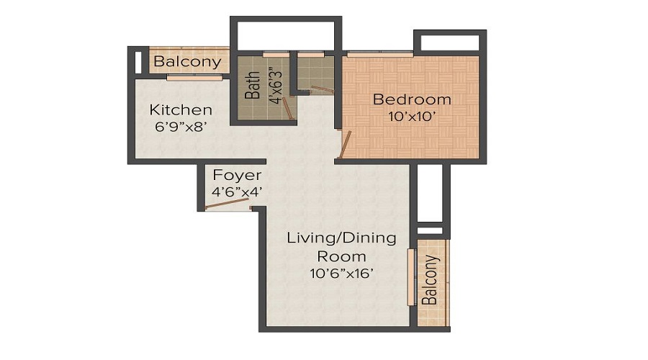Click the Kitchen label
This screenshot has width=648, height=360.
(x=181, y=110)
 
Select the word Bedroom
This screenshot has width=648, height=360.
(x=412, y=99)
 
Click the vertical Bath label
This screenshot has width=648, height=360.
(x=252, y=86)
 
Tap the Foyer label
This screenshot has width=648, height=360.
(x=237, y=176)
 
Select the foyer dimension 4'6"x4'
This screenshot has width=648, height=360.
(x=237, y=192)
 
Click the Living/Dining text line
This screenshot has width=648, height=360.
(x=341, y=238)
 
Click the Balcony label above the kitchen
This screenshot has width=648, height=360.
(x=187, y=62)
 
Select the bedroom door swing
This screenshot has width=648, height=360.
(x=346, y=144)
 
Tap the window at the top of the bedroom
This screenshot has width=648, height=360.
(x=379, y=54)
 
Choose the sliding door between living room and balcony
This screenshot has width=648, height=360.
(x=411, y=277)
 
